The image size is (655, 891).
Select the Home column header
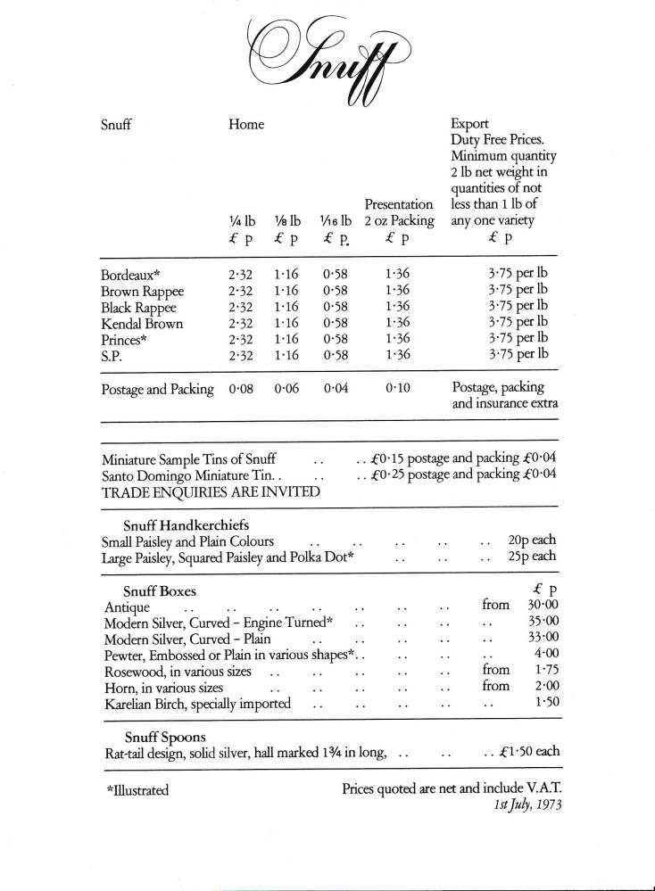pos(246,124)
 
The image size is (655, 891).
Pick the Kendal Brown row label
pos(143,322)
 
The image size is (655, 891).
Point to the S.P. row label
pos(115,354)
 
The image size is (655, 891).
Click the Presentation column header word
pos(399,204)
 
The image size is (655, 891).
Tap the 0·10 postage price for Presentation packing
pos(398,388)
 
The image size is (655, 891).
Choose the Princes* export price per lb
pos(518,338)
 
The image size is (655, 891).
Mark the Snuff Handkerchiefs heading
pos(186,524)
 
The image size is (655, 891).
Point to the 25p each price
pos(532,557)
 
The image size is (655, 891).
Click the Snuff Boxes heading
pos(160,590)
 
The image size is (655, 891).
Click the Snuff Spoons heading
pos(164,737)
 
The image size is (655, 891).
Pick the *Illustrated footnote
pos(137,790)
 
